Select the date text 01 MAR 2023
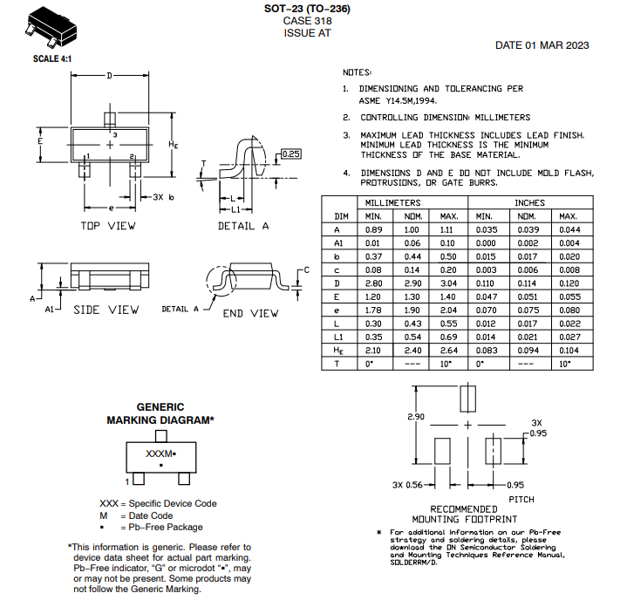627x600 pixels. click(x=542, y=45)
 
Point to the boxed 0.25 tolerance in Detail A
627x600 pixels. click(x=290, y=154)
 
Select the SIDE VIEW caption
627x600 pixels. click(x=106, y=310)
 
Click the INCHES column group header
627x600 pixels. click(x=529, y=202)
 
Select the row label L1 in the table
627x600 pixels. click(x=337, y=336)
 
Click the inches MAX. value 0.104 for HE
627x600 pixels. click(x=569, y=350)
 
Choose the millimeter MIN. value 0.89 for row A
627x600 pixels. click(x=373, y=229)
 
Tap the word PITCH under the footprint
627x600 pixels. click(x=521, y=499)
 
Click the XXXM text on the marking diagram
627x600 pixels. click(x=159, y=454)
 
